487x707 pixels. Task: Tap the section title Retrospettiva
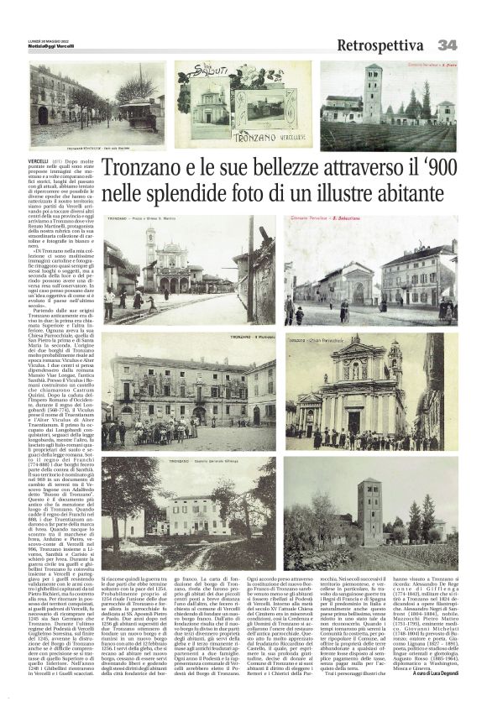coord(380,45)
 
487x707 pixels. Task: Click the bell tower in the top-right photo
coord(372,92)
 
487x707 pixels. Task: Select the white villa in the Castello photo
coord(198,516)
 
